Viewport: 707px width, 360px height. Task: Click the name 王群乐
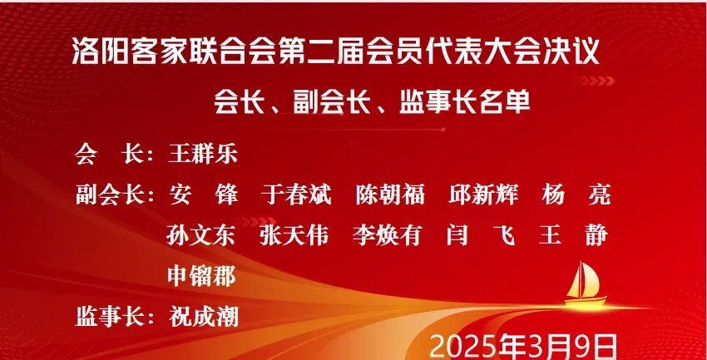click(x=203, y=154)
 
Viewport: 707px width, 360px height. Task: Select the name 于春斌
click(x=296, y=195)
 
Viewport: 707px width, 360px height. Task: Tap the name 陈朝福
click(x=390, y=195)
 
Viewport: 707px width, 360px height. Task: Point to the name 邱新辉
click(x=483, y=195)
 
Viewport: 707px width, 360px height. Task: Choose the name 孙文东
click(x=201, y=235)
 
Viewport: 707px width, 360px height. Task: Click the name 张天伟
click(x=294, y=235)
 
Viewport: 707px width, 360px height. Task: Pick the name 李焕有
click(x=387, y=235)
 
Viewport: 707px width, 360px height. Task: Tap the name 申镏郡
click(x=202, y=276)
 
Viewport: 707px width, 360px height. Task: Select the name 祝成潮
click(x=204, y=317)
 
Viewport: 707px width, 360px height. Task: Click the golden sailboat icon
click(x=585, y=284)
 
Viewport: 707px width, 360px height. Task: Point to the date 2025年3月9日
click(x=523, y=348)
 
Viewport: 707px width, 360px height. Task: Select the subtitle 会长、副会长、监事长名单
click(x=372, y=101)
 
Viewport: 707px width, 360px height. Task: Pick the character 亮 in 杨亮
click(x=599, y=195)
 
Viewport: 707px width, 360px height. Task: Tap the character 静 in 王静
click(x=597, y=235)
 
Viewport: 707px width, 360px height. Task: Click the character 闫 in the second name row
click(x=457, y=235)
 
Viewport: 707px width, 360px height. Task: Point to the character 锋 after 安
click(x=227, y=195)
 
